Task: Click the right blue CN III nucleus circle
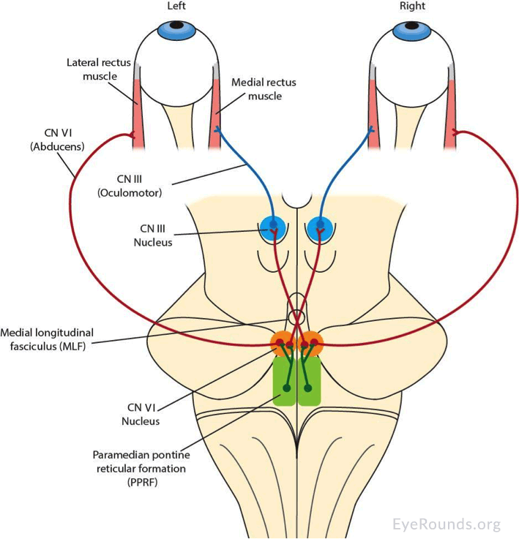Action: point(319,226)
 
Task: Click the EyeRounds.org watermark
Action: point(447,524)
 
